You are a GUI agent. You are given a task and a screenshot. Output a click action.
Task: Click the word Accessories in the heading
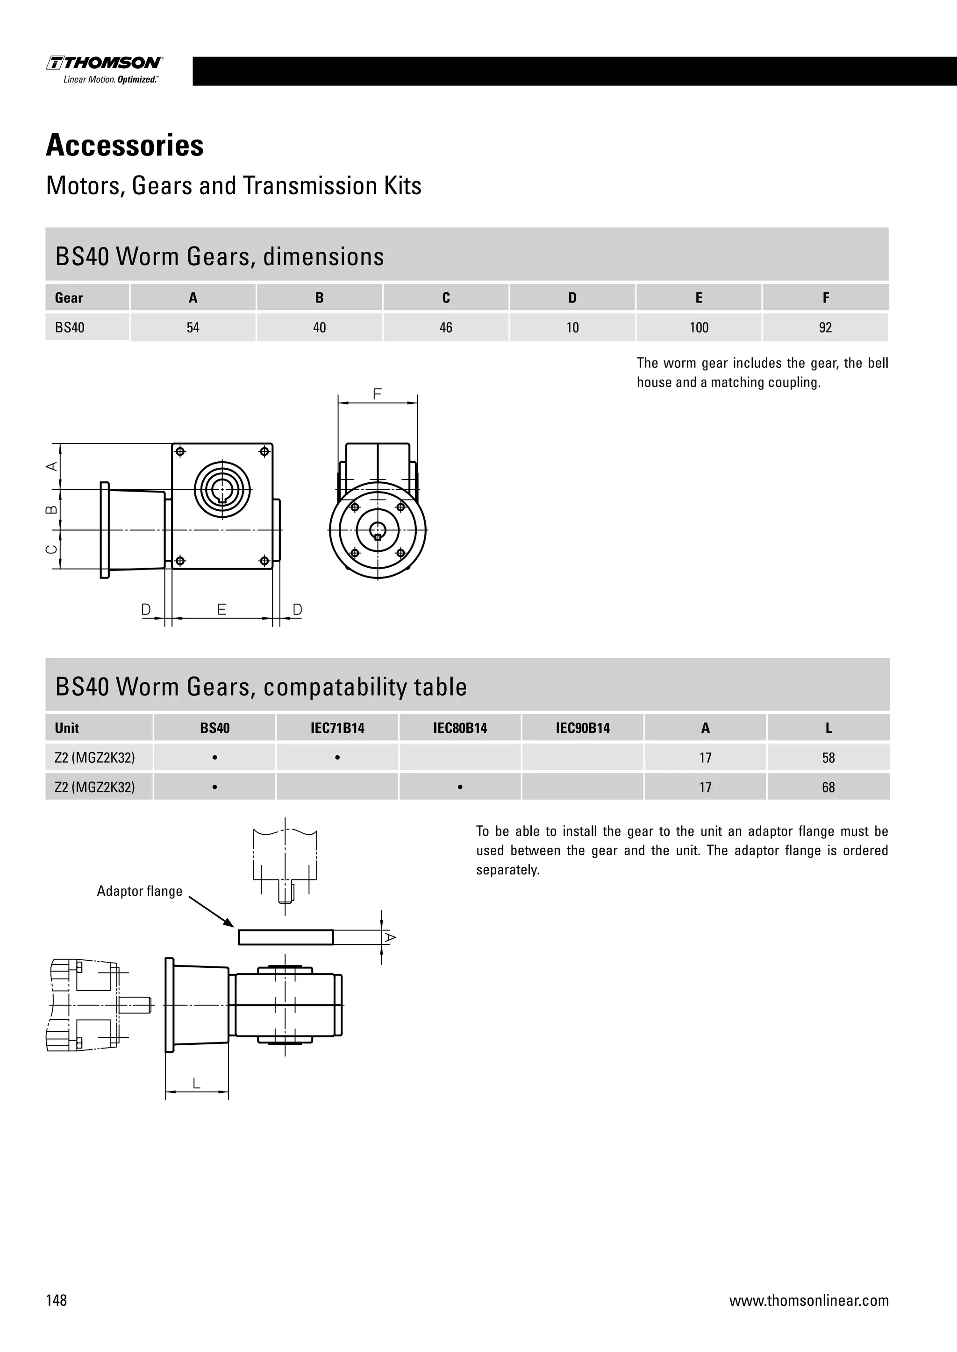[125, 146]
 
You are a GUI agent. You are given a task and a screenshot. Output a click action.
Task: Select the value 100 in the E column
[699, 328]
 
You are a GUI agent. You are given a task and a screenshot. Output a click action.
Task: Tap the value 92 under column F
[825, 328]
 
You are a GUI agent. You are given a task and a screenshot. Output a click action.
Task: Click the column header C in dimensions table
[446, 298]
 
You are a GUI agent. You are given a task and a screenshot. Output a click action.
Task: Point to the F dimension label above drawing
[377, 394]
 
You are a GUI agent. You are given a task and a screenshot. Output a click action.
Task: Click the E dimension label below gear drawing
[221, 609]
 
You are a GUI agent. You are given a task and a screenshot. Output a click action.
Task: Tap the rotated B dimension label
[52, 509]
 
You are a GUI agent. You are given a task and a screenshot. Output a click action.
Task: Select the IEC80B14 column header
[460, 728]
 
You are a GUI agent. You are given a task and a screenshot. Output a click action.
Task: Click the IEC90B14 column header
[582, 728]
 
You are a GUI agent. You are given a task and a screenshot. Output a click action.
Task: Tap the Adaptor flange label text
[140, 891]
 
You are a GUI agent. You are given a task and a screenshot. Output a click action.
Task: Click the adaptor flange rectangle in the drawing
[286, 937]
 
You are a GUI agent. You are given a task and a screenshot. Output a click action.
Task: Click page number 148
[57, 1300]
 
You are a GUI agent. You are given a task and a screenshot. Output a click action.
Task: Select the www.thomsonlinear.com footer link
[808, 1300]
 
